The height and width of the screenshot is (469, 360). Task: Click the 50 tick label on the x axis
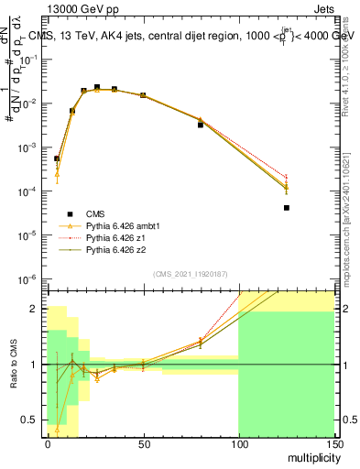pyautogui.click(x=143, y=443)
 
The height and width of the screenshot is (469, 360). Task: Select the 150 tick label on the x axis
pyautogui.click(x=333, y=443)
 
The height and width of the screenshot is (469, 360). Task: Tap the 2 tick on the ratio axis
pyautogui.click(x=37, y=309)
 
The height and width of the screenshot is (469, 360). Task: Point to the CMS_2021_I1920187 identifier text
pyautogui.click(x=190, y=274)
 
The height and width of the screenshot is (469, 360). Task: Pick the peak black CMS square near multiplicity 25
pyautogui.click(x=96, y=87)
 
